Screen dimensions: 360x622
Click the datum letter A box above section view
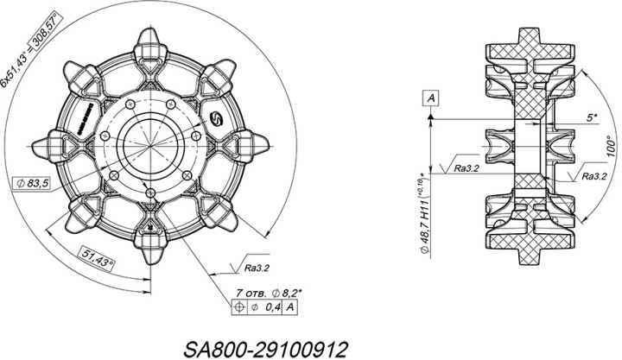coord(430,97)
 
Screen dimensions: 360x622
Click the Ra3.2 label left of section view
coord(466,168)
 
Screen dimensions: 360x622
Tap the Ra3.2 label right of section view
coord(593,175)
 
